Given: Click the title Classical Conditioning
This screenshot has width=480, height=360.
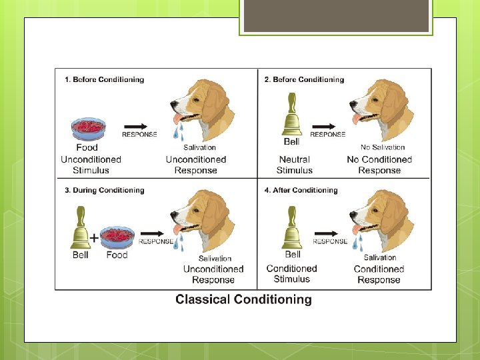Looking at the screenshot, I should pos(243,299).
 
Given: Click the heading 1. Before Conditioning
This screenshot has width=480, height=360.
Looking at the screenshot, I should pos(104,80).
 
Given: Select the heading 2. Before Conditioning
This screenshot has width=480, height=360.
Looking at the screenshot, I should pos(304,80).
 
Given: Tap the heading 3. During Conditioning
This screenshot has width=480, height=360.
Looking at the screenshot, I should pos(104,190).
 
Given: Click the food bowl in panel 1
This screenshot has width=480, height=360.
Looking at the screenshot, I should pos(87,127).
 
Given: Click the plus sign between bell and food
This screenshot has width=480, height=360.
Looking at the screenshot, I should pos(95,237).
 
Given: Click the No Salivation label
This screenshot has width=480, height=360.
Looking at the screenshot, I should pos(382,147).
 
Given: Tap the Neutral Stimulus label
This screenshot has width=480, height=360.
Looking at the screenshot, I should pos(294,165).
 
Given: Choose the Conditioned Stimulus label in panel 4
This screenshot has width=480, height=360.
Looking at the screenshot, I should pos(291,274).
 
